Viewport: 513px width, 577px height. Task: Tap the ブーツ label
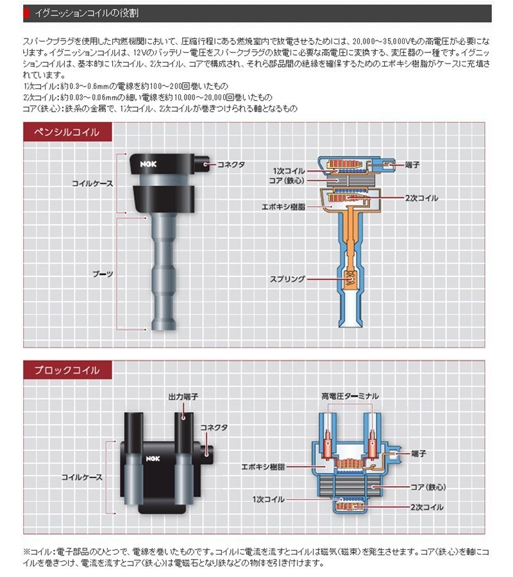tap(103, 274)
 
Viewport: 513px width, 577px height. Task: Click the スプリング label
tap(287, 280)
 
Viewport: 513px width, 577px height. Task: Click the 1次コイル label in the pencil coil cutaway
tap(289, 172)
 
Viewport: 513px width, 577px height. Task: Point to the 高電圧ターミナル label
tap(349, 396)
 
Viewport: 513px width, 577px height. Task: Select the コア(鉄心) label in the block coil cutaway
tap(426, 487)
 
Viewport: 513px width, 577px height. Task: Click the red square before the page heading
tap(26, 13)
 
